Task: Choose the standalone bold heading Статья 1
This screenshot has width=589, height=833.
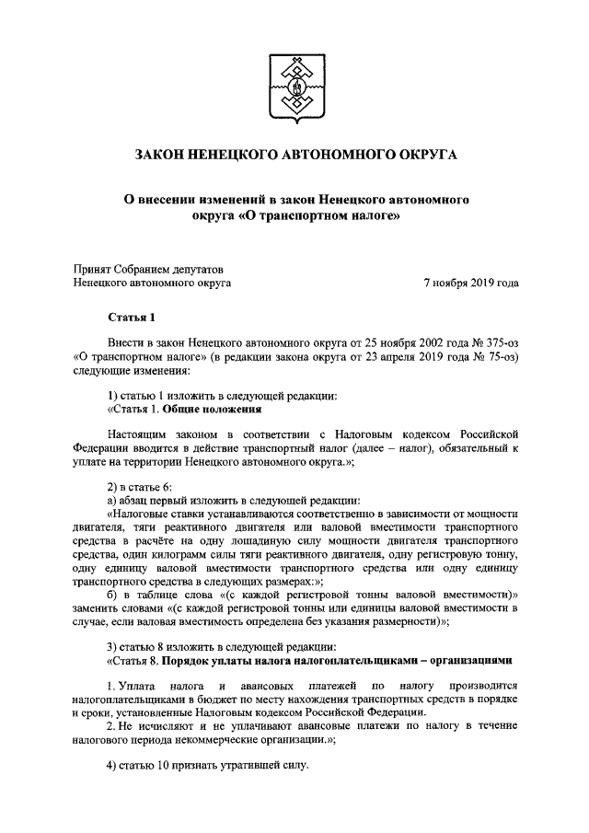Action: (129, 319)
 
